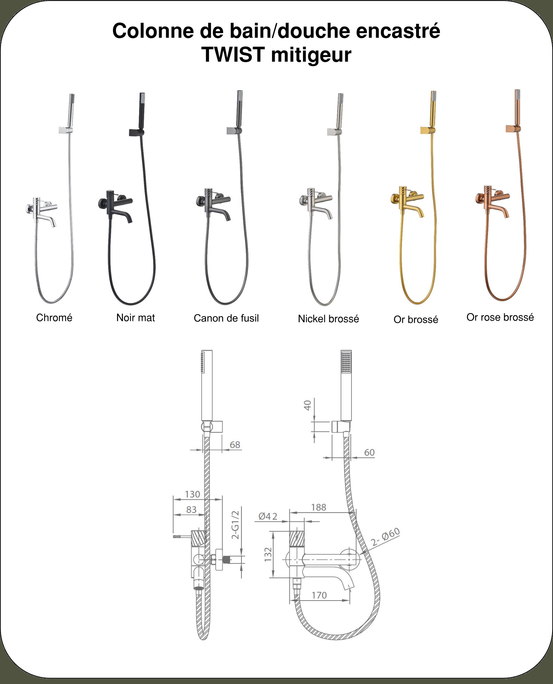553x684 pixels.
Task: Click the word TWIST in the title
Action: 233,55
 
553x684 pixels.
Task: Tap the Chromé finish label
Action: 54,318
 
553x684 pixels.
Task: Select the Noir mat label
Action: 135,318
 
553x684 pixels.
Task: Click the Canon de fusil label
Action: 226,318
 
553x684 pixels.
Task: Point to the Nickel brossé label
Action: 329,319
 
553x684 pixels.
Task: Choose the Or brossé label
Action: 416,319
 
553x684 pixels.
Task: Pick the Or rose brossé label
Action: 500,317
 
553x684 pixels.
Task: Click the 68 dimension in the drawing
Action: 235,445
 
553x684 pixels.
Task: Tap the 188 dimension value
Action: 319,507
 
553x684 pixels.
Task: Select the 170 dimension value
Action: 319,595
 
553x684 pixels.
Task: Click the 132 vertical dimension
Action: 268,554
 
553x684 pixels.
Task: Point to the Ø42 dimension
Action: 268,516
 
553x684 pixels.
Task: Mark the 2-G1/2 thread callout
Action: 235,525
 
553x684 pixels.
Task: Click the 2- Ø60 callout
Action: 385,537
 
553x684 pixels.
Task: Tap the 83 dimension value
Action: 191,510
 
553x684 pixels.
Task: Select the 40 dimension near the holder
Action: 308,405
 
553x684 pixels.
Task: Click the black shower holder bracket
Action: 136,132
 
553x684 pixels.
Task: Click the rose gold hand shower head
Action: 518,107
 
